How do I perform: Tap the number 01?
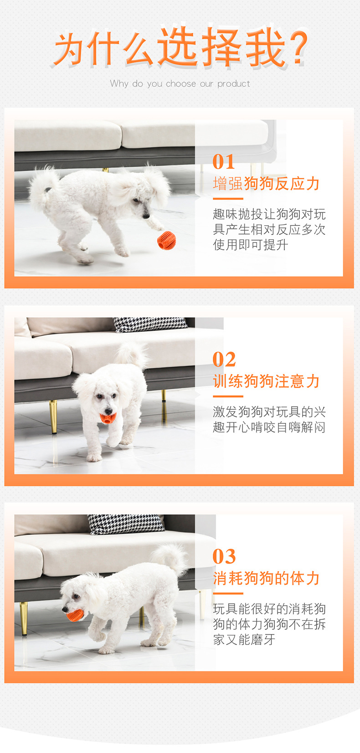224,162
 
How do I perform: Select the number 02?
224,360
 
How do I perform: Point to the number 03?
224,557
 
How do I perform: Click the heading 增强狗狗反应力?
266,184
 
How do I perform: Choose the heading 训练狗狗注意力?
266,381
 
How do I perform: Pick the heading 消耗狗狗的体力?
266,578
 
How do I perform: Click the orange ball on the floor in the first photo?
167,240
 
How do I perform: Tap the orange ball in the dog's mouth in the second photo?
108,418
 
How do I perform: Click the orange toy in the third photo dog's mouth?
74,615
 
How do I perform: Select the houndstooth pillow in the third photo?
126,524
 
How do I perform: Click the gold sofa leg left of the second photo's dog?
53,416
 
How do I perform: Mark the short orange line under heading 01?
228,199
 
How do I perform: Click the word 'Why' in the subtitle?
119,84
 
